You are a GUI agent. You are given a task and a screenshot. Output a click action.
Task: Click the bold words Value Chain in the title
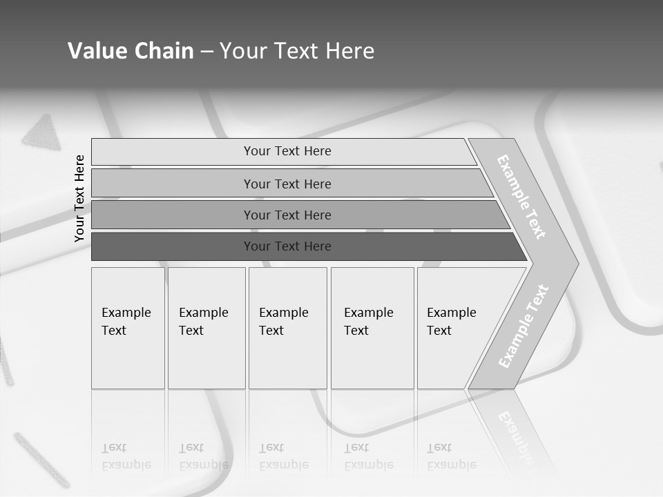point(131,51)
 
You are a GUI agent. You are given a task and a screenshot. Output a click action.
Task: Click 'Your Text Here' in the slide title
point(297,51)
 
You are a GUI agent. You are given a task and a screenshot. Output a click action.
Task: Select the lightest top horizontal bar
point(287,151)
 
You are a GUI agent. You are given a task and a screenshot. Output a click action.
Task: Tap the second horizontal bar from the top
point(287,184)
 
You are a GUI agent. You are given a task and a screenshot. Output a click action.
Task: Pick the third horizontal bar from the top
point(287,215)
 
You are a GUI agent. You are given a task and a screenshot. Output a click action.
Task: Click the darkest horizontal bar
point(287,246)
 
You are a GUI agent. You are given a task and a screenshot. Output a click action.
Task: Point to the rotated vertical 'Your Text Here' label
point(79,198)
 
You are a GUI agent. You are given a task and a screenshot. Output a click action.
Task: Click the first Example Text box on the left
point(128,328)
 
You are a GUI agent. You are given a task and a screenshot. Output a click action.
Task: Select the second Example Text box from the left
point(206,328)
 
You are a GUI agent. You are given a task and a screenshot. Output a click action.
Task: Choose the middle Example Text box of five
point(287,328)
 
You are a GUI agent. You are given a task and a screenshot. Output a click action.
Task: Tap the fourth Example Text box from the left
point(372,328)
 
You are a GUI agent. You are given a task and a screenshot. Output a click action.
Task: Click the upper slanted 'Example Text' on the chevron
point(521,197)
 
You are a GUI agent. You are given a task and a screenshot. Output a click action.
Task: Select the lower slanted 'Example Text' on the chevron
point(523,326)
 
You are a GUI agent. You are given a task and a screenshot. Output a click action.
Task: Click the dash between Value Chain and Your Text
point(206,52)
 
